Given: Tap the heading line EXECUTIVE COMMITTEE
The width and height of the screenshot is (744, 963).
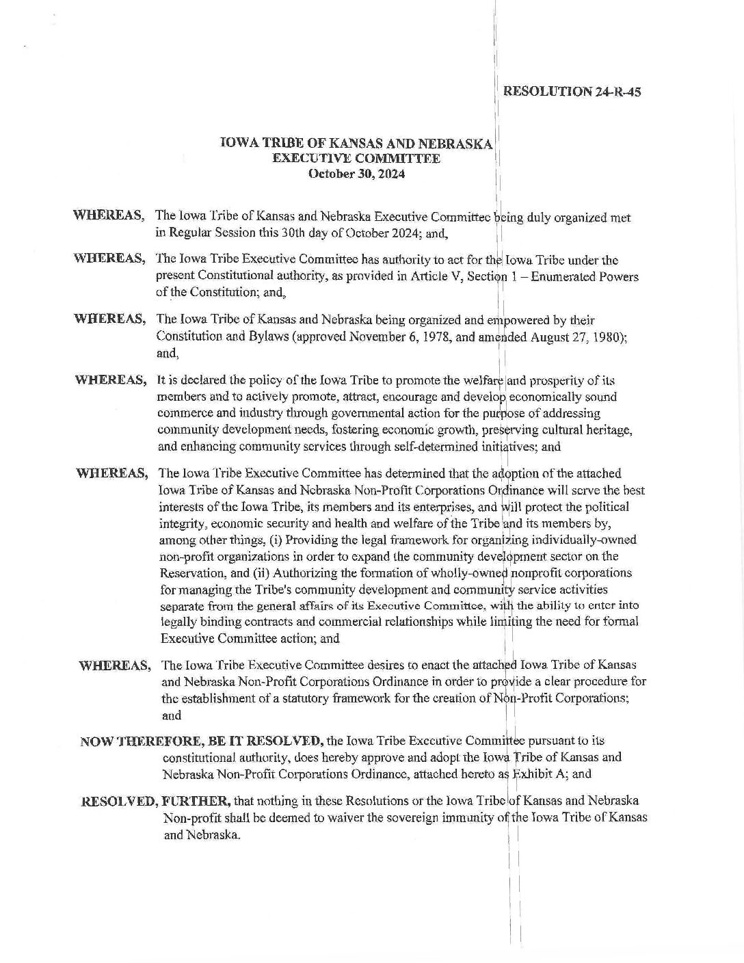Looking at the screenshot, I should pyautogui.click(x=356, y=159).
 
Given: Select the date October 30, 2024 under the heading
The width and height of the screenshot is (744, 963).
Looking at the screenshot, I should pyautogui.click(x=356, y=174).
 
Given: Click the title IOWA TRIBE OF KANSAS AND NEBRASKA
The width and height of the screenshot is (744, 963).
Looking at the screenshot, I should pyautogui.click(x=356, y=144).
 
